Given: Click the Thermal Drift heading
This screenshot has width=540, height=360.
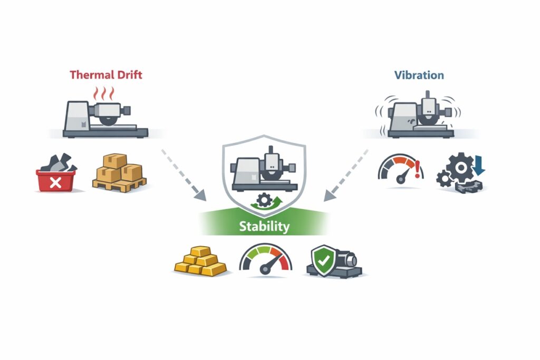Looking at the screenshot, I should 106,75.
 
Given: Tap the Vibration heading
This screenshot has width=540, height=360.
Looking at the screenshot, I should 419,75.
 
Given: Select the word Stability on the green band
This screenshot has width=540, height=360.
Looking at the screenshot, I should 264,227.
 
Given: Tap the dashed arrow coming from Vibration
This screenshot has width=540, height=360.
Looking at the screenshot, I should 346,174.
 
